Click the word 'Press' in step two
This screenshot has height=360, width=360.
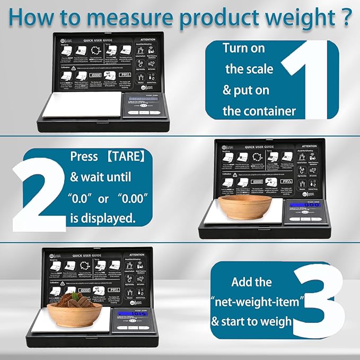[x=84, y=157]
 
